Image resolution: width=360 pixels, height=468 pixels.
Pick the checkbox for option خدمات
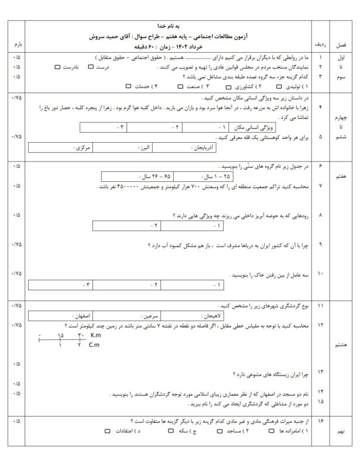click(x=128, y=85)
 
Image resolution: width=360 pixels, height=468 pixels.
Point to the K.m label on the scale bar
click(x=97, y=335)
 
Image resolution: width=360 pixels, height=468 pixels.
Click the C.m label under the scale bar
click(x=96, y=346)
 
